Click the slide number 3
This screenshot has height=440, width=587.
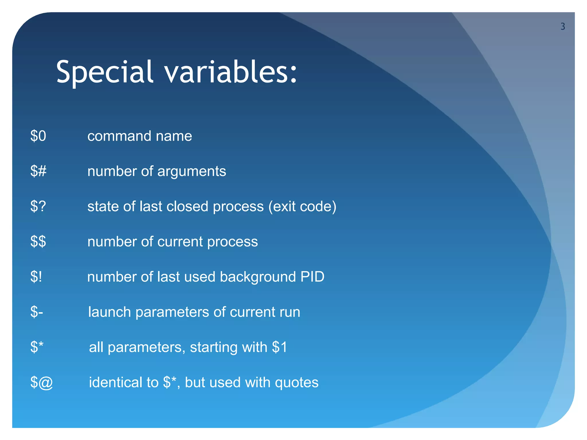563,27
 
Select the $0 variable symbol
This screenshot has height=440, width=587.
38,136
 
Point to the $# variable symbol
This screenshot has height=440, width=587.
38,171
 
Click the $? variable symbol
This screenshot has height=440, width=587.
38,206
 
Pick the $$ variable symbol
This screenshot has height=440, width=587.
38,241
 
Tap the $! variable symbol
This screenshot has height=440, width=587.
36,277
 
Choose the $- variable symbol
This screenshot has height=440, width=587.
37,312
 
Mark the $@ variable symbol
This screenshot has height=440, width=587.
42,382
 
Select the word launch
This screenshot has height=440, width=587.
109,312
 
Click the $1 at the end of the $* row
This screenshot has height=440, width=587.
279,347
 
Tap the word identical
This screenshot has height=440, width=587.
116,382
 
